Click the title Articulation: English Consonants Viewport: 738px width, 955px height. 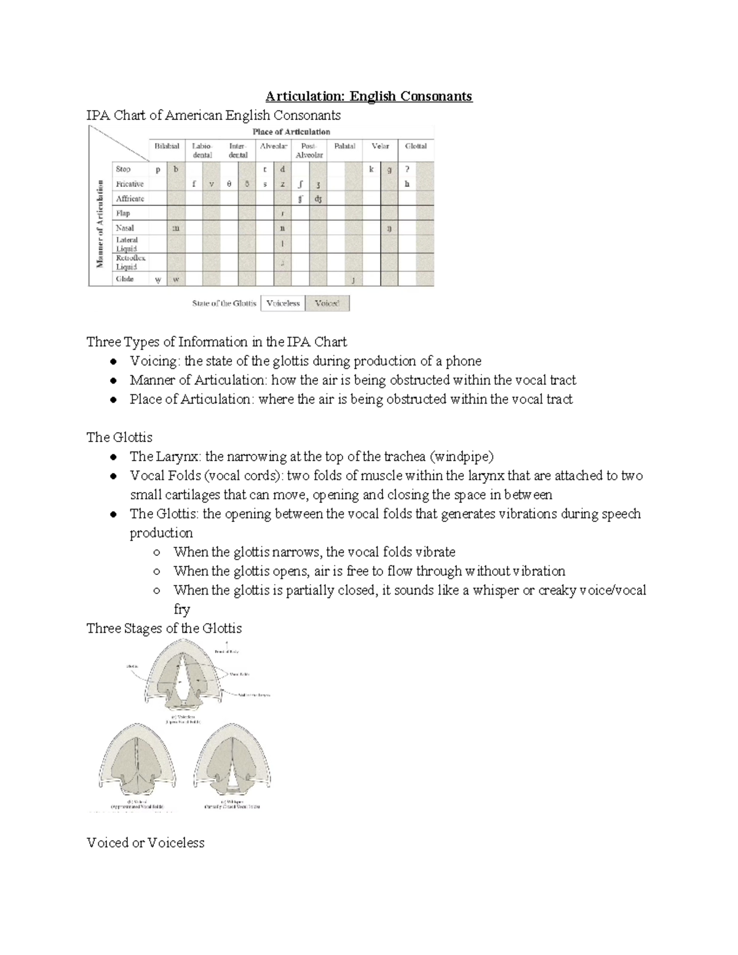[368, 96]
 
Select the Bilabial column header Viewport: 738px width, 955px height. [167, 146]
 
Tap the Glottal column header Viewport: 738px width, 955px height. [416, 146]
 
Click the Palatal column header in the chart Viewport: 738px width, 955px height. [344, 146]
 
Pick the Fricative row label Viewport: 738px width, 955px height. [130, 184]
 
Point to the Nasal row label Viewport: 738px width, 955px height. [125, 228]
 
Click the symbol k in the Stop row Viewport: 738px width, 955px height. [371, 169]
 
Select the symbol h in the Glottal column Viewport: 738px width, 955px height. [407, 184]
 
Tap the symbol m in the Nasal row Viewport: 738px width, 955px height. [176, 228]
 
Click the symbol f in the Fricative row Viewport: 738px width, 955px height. [194, 184]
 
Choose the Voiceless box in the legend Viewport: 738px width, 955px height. [283, 303]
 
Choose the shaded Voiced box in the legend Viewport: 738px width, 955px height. [327, 303]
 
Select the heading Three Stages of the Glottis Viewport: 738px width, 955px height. [164, 628]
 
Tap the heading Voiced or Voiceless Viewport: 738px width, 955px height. [146, 842]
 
